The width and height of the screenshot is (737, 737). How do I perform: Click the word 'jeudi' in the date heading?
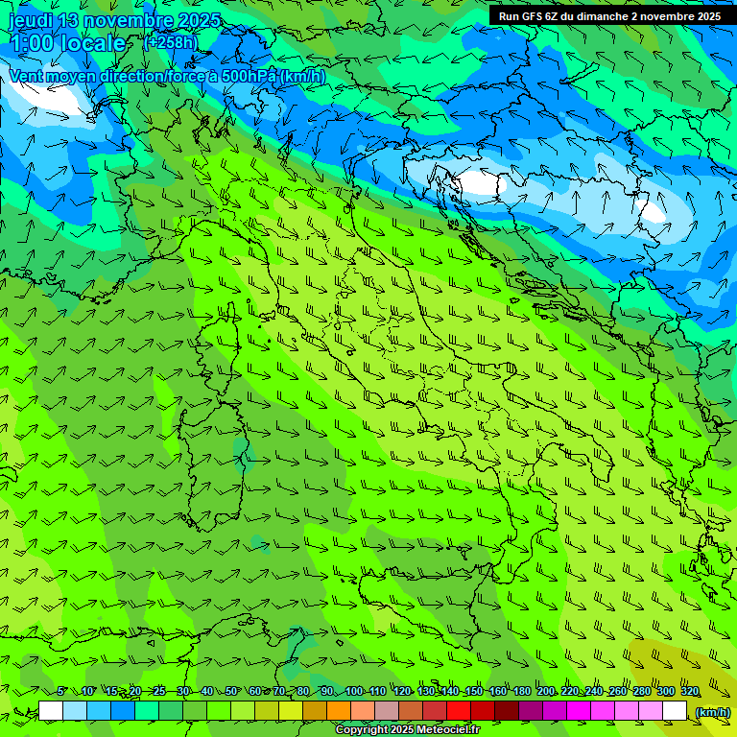pyautogui.click(x=31, y=21)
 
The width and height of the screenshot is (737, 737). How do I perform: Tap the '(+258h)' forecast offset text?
pyautogui.click(x=171, y=42)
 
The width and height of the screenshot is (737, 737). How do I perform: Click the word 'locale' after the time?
pyautogui.click(x=92, y=44)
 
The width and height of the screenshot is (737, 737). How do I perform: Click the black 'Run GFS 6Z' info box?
pyautogui.click(x=611, y=16)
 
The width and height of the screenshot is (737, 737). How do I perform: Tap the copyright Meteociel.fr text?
pyautogui.click(x=407, y=730)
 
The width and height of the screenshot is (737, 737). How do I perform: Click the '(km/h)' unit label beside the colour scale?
pyautogui.click(x=712, y=712)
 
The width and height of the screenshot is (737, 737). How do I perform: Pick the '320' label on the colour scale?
pyautogui.click(x=689, y=692)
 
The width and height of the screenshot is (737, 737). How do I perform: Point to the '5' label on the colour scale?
pyautogui.click(x=61, y=692)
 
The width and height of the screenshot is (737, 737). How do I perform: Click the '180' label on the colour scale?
pyautogui.click(x=522, y=692)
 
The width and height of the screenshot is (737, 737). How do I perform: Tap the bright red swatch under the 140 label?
pyautogui.click(x=459, y=711)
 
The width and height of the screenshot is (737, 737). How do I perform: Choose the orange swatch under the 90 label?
pyautogui.click(x=339, y=711)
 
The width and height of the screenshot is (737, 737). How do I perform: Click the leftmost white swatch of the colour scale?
pyautogui.click(x=51, y=711)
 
